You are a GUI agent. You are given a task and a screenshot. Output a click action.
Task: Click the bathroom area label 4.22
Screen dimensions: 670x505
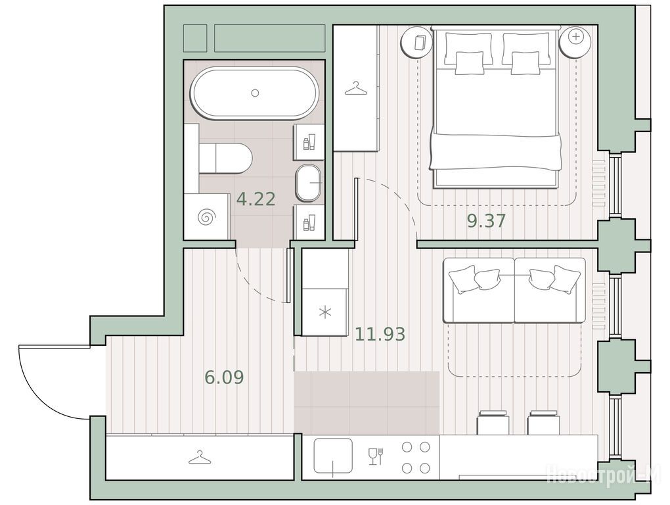coord(256,199)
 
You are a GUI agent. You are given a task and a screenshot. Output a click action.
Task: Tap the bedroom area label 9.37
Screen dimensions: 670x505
coord(487,221)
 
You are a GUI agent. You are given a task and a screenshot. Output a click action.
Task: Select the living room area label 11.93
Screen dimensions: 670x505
coord(380,334)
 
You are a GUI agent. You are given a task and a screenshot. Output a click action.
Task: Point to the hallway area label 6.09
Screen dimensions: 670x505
coord(225,377)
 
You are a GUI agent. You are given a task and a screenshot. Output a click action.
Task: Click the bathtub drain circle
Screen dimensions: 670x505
coord(255,92)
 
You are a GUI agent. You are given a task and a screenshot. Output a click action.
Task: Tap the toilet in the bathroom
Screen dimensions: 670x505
coord(225,158)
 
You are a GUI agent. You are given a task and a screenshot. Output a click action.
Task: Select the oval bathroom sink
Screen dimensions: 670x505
coord(309,183)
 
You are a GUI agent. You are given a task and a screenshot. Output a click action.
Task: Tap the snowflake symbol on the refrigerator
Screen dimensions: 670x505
coord(326,312)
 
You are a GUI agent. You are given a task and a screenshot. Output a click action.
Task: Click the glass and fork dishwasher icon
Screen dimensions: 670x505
coord(376,457)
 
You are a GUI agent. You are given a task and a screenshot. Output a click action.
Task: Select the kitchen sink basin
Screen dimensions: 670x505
coord(333,456)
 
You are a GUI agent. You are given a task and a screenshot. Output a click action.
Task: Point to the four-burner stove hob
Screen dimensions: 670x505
coord(416,458)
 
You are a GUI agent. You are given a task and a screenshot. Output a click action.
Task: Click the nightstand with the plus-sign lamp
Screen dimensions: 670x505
coord(576,41)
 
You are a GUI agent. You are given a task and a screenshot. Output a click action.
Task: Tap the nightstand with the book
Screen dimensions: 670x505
coord(418,41)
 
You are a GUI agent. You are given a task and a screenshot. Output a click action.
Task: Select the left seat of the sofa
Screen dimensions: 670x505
coord(479,290)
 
